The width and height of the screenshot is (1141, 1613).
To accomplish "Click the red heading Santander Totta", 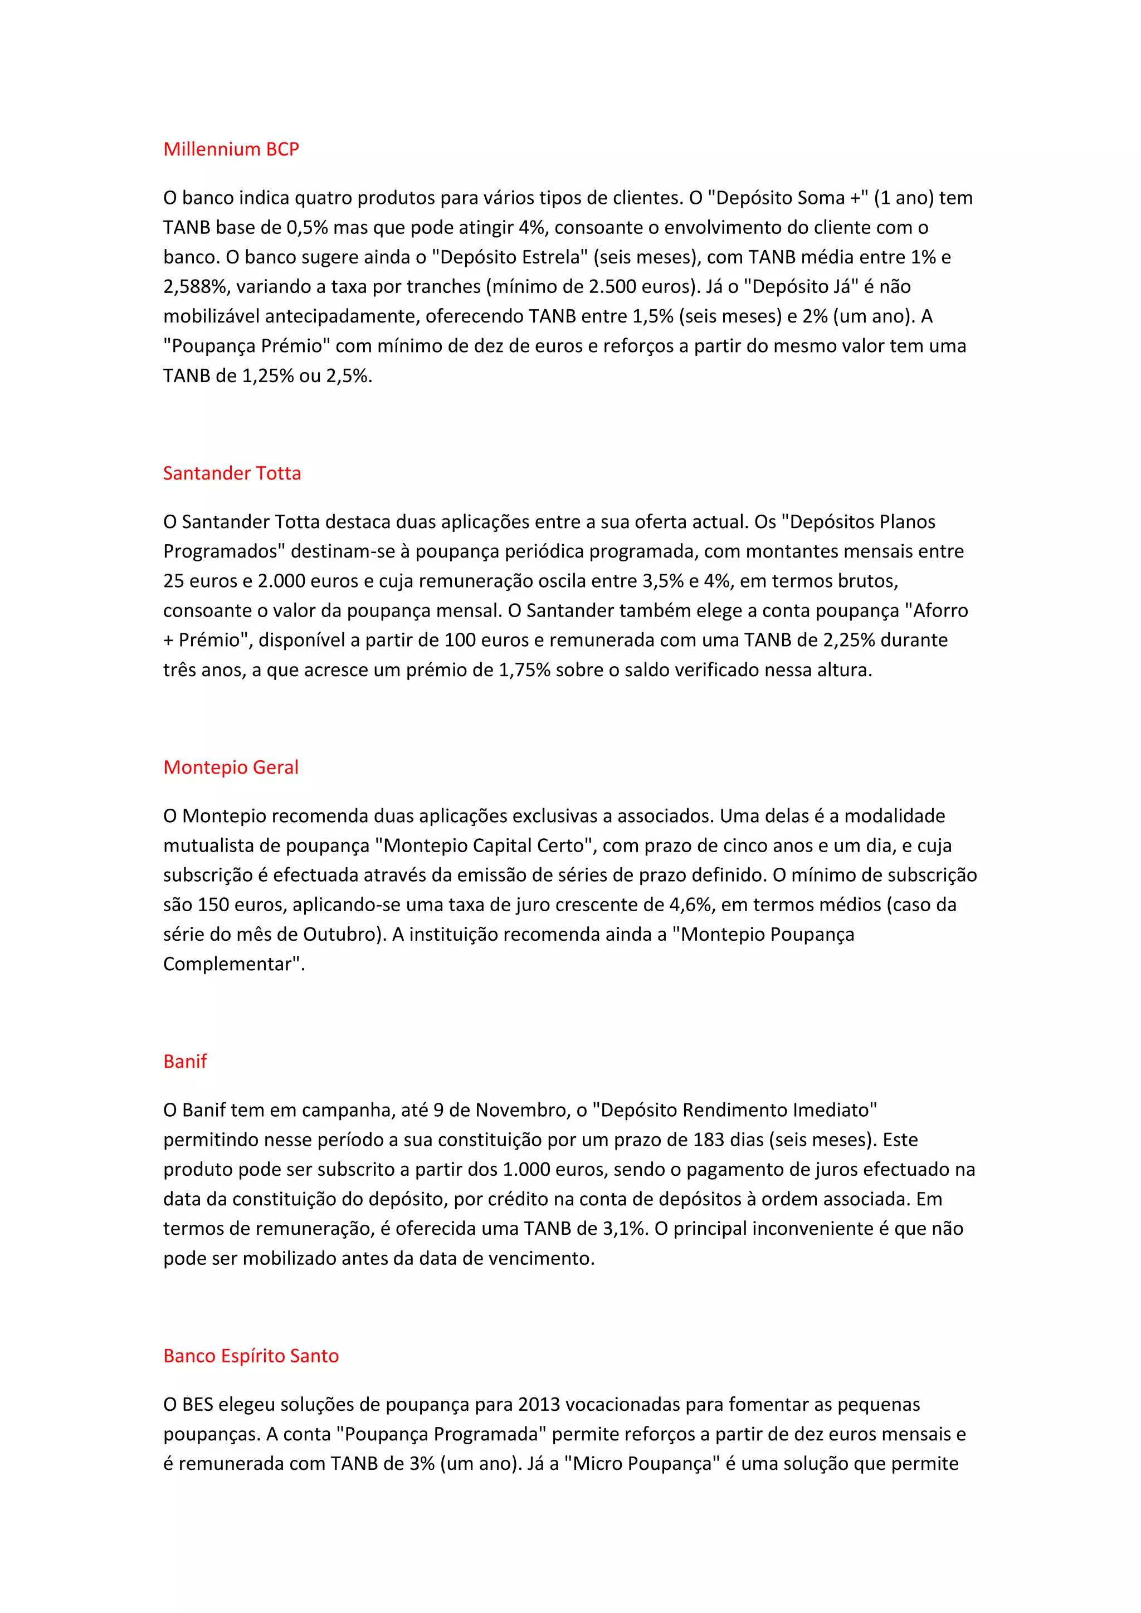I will (232, 473).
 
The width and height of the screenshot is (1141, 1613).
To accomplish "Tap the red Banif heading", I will (185, 1061).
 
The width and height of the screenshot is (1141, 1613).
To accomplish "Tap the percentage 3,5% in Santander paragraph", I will (662, 581).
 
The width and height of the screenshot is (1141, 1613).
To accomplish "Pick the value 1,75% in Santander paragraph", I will (524, 670).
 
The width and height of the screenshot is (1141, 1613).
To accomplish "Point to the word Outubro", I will (340, 935).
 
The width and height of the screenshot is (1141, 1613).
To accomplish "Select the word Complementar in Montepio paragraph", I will (227, 964).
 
